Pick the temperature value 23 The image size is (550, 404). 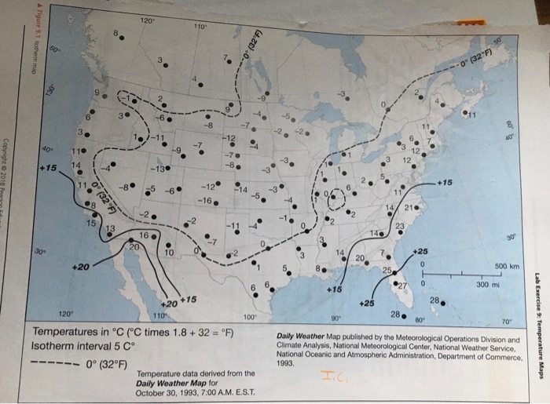coord(401,225)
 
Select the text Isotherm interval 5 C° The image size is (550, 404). coord(86,344)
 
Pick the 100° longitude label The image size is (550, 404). coord(250,318)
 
